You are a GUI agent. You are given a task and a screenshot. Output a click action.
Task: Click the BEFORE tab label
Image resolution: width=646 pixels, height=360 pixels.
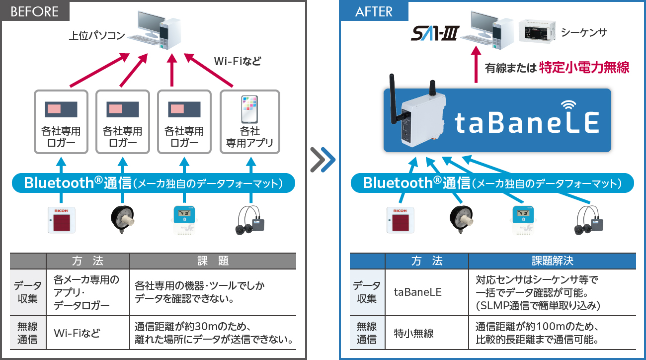[x=35, y=11]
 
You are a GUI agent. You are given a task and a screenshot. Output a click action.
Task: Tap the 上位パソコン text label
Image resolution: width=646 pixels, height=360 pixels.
[x=97, y=36]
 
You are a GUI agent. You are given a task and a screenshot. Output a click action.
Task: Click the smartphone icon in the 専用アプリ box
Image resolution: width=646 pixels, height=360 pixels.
[x=250, y=109]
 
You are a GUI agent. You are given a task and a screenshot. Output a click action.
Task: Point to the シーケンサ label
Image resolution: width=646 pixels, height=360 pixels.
[x=584, y=33]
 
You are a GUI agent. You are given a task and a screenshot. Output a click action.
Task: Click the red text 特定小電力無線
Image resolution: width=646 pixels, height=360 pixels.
[x=584, y=68]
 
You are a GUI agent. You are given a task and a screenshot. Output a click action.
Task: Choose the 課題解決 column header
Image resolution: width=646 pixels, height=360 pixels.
[x=552, y=261]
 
